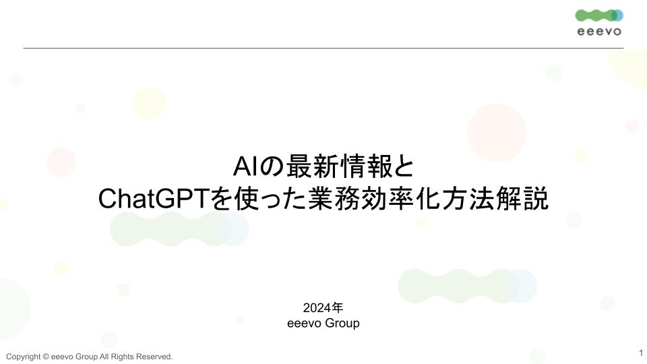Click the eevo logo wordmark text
pos(599,32)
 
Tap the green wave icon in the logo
pos(599,16)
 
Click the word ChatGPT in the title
pos(154,198)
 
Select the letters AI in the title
pos(247,166)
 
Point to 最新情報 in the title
pos(339,166)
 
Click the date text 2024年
pos(323,308)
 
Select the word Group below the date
pos(342,323)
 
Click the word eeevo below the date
pos(304,323)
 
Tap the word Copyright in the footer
pos(24,357)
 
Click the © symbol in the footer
pos(46,357)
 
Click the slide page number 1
pos(641,353)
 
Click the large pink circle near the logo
pos(497,133)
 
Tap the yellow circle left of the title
pos(150,103)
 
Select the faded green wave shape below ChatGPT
pos(179,229)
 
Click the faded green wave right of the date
pos(467,286)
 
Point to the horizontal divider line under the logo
pos(323,49)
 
